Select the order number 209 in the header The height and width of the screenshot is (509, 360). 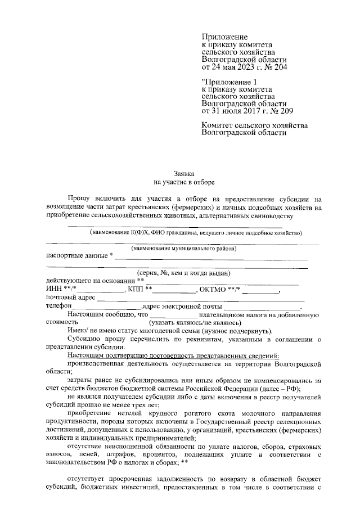click(x=279, y=111)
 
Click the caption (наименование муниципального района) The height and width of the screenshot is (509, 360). click(x=183, y=248)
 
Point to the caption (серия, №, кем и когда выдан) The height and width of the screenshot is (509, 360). click(x=183, y=273)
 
